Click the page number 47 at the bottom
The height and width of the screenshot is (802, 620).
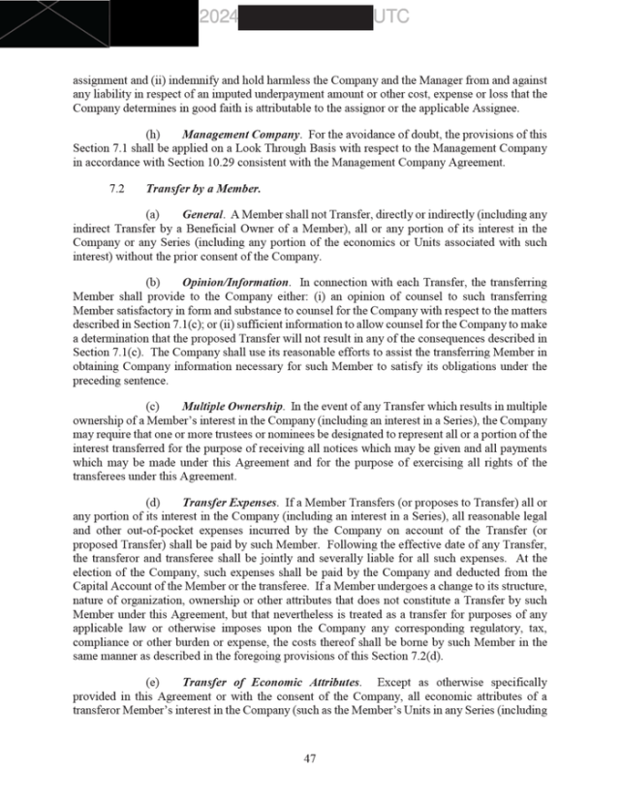(309, 758)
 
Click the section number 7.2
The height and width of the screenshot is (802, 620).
(117, 188)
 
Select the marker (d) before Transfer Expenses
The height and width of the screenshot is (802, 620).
(153, 503)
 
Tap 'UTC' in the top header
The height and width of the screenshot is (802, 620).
(389, 16)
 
